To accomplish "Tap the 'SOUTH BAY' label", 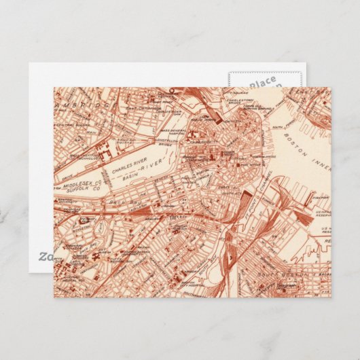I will click(226, 257).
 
